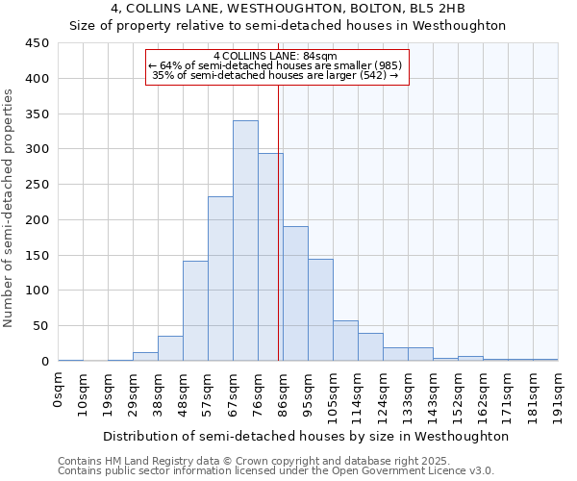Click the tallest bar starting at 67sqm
pos(245,240)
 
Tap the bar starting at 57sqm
pos(220,279)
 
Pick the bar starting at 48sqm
pos(195,311)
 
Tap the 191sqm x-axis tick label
pos(559,393)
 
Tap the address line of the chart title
pos(288,9)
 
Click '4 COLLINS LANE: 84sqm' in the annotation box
pos(277,56)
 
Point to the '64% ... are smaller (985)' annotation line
pos(277,65)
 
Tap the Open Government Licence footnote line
pos(276,471)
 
